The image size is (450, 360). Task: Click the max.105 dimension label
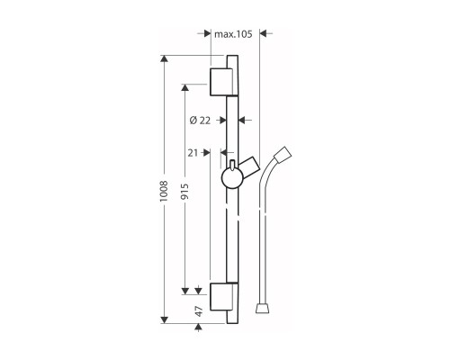pyautogui.click(x=233, y=34)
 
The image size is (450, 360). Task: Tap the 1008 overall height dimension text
pyautogui.click(x=164, y=191)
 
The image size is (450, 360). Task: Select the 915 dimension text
pyautogui.click(x=184, y=192)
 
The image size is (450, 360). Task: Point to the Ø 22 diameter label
pyautogui.click(x=200, y=121)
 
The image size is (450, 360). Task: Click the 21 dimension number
pyautogui.click(x=193, y=153)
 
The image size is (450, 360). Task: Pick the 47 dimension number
pyautogui.click(x=199, y=311)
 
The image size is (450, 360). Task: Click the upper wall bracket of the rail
pyautogui.click(x=221, y=82)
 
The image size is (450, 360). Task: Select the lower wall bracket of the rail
pyautogui.click(x=221, y=297)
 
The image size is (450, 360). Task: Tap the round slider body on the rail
pyautogui.click(x=231, y=178)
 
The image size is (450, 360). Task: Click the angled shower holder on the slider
pyautogui.click(x=248, y=167)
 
